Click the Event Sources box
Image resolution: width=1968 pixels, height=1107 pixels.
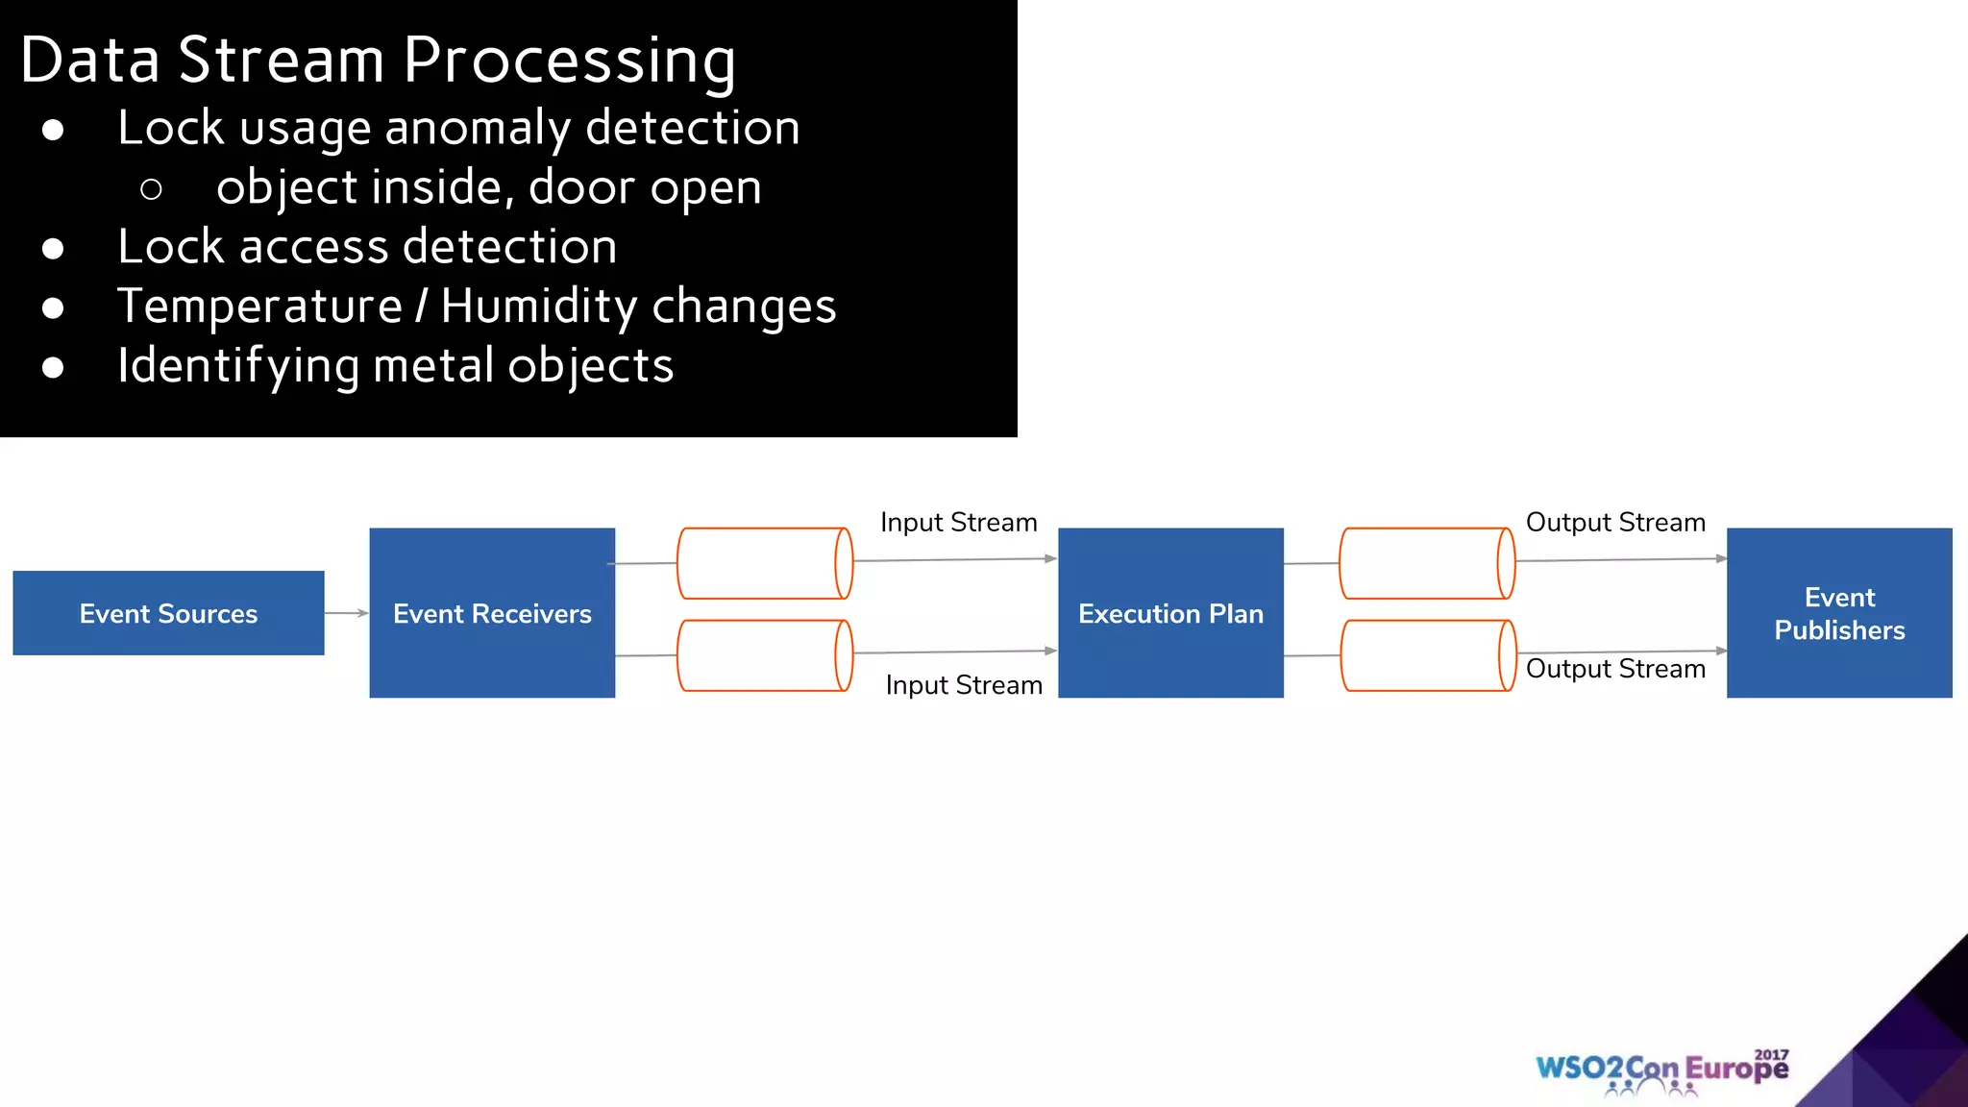click(x=168, y=613)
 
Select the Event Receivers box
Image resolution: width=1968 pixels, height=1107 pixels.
click(x=492, y=613)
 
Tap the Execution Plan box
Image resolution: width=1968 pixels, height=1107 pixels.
click(x=1170, y=613)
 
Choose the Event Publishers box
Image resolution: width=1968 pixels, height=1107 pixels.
click(x=1838, y=613)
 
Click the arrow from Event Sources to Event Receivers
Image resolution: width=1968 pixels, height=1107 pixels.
click(x=346, y=613)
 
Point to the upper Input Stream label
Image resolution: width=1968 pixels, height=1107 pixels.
click(x=958, y=523)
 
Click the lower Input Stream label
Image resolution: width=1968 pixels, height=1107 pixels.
click(x=963, y=685)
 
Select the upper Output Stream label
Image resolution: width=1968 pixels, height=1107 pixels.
click(x=1615, y=523)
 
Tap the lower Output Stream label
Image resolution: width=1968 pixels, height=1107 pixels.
click(x=1615, y=669)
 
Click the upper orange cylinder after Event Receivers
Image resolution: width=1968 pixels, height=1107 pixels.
click(x=764, y=563)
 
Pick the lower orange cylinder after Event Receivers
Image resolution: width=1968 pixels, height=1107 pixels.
click(x=764, y=655)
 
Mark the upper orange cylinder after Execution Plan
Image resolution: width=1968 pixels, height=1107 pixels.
click(x=1427, y=563)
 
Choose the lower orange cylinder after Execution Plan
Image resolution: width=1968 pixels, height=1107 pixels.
click(x=1427, y=655)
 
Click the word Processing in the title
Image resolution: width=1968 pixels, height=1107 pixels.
click(x=569, y=61)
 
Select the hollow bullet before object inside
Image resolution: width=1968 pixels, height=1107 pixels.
click(x=151, y=189)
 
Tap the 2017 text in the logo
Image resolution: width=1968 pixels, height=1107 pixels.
click(x=1771, y=1055)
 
